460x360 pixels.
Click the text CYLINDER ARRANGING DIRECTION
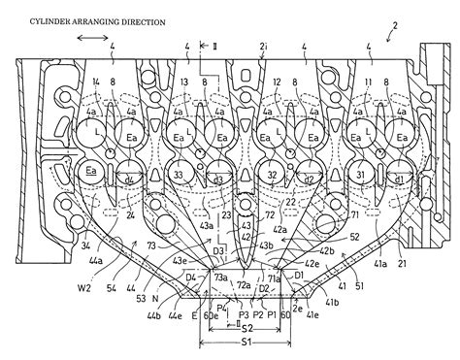click(83, 19)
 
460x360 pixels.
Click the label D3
click(219, 251)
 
